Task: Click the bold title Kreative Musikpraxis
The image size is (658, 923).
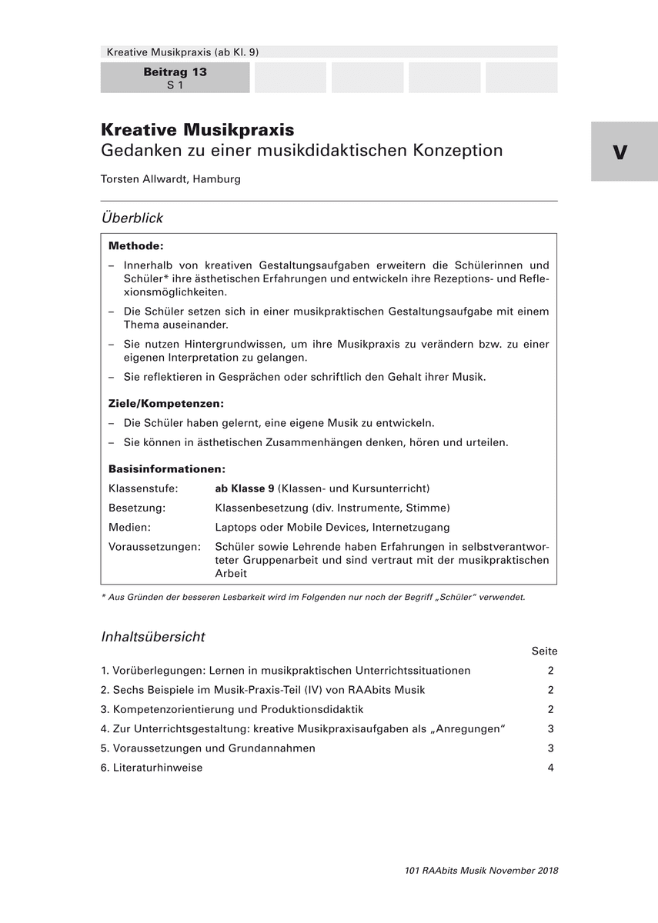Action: tap(197, 130)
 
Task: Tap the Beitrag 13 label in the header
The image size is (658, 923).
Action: tap(175, 72)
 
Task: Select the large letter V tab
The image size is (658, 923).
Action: tap(620, 152)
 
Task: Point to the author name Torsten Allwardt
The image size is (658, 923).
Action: tap(145, 179)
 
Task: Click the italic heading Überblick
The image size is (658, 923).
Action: tap(132, 218)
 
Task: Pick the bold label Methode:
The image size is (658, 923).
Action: tap(136, 246)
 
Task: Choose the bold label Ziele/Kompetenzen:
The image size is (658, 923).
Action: tap(166, 404)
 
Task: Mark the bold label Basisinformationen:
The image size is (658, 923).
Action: tap(167, 469)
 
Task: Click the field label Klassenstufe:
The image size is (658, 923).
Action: tap(143, 488)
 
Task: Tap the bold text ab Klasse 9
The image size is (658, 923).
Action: tap(245, 488)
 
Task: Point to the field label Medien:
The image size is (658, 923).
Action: tap(129, 528)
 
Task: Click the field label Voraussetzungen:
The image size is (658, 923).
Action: tap(155, 547)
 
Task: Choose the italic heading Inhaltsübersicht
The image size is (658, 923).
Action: tap(153, 637)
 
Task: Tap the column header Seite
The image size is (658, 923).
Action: tap(544, 651)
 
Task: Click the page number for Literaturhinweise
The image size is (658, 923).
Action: tap(551, 768)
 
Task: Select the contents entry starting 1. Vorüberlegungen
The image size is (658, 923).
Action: tap(286, 671)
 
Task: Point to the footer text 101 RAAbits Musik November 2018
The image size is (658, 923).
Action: tap(481, 871)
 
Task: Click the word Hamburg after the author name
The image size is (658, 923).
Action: tap(217, 179)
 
